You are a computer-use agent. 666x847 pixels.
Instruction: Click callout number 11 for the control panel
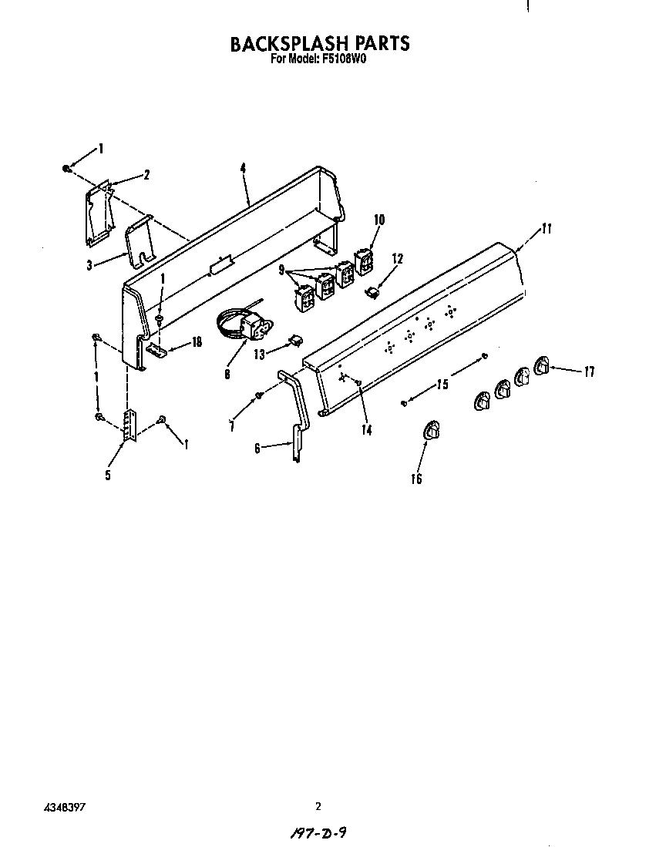pyautogui.click(x=547, y=228)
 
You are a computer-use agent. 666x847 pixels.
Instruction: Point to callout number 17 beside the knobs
pyautogui.click(x=589, y=372)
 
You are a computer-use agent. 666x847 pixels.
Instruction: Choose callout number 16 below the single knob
pyautogui.click(x=417, y=479)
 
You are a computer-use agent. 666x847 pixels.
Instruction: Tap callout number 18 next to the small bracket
pyautogui.click(x=197, y=342)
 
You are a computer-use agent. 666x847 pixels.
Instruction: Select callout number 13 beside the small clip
pyautogui.click(x=259, y=355)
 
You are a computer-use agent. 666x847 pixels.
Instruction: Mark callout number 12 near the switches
pyautogui.click(x=397, y=260)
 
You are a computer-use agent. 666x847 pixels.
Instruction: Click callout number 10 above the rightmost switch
pyautogui.click(x=378, y=220)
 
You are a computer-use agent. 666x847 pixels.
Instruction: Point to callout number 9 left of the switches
pyautogui.click(x=282, y=271)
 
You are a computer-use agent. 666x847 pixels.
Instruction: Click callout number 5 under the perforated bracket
pyautogui.click(x=108, y=476)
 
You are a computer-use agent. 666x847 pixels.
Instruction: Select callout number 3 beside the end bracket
pyautogui.click(x=90, y=264)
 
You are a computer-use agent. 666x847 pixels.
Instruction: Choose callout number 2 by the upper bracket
pyautogui.click(x=146, y=176)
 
